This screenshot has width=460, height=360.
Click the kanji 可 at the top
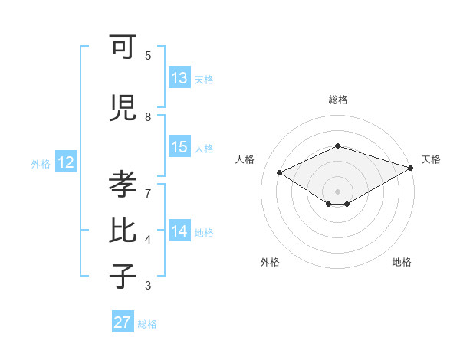[123, 47]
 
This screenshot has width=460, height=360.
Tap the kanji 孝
[123, 185]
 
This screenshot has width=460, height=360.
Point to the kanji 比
[123, 231]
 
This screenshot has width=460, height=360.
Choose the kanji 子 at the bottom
[123, 277]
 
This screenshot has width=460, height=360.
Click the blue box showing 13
[179, 78]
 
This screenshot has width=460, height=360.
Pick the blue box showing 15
[179, 147]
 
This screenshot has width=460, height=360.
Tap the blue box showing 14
[179, 231]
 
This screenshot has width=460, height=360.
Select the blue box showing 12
[66, 162]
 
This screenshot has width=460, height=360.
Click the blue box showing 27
[123, 322]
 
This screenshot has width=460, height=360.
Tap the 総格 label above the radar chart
[338, 100]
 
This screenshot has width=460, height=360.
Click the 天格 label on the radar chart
[431, 159]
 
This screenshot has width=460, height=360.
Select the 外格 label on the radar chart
[270, 262]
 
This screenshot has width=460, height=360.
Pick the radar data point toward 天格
[411, 168]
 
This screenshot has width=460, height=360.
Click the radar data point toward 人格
[280, 172]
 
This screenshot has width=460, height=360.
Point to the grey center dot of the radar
[337, 191]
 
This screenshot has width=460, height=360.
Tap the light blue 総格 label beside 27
[147, 324]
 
